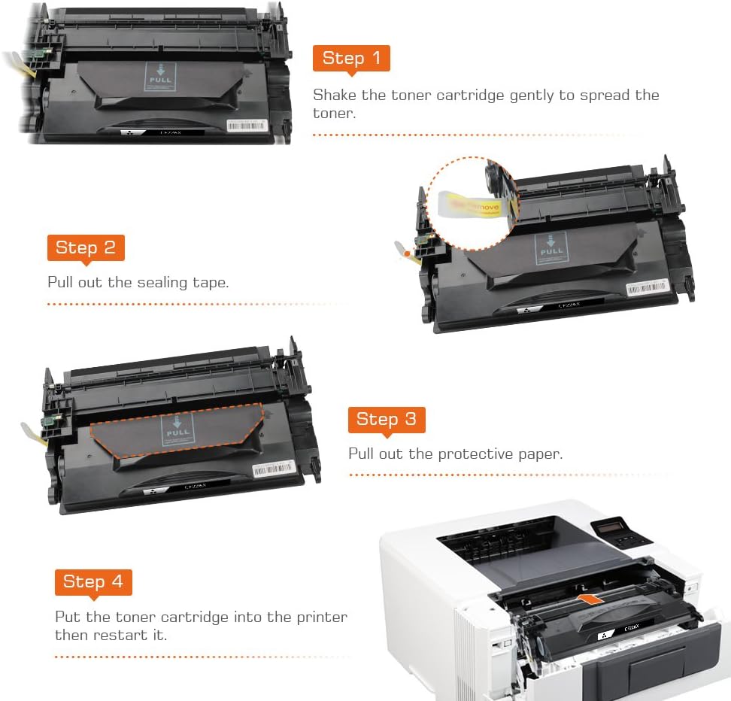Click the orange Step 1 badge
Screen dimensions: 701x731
[x=351, y=59]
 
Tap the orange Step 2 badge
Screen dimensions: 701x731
[x=86, y=248]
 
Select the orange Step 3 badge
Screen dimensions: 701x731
[x=386, y=419]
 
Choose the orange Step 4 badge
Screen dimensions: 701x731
[x=93, y=581]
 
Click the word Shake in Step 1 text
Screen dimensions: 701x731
[x=332, y=96]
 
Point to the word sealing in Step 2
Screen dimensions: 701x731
[x=162, y=283]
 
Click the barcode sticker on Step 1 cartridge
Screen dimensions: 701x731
[x=247, y=125]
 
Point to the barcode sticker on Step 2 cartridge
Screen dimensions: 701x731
[x=646, y=287]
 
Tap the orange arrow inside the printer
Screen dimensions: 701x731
[x=591, y=599]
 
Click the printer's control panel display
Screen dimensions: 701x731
[x=611, y=530]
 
